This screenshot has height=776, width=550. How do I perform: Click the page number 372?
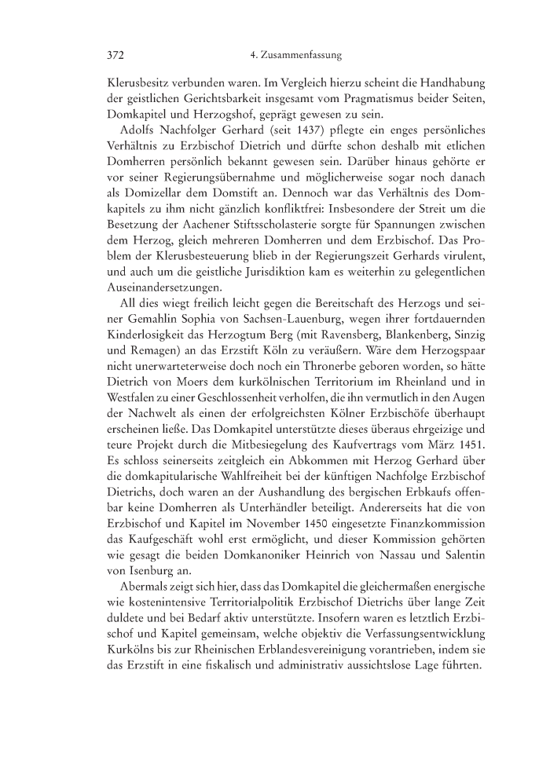point(116,56)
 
